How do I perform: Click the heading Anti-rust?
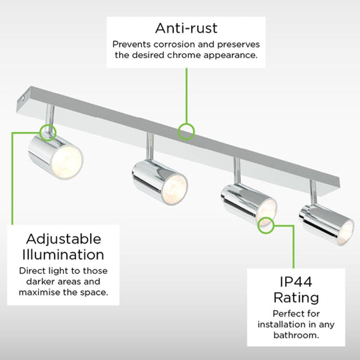(186, 28)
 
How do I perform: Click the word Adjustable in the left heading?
(64, 239)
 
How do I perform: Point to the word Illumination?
(63, 255)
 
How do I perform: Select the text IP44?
(296, 282)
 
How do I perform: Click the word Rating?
(296, 298)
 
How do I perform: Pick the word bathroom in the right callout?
(296, 335)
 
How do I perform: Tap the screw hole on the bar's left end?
(23, 99)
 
